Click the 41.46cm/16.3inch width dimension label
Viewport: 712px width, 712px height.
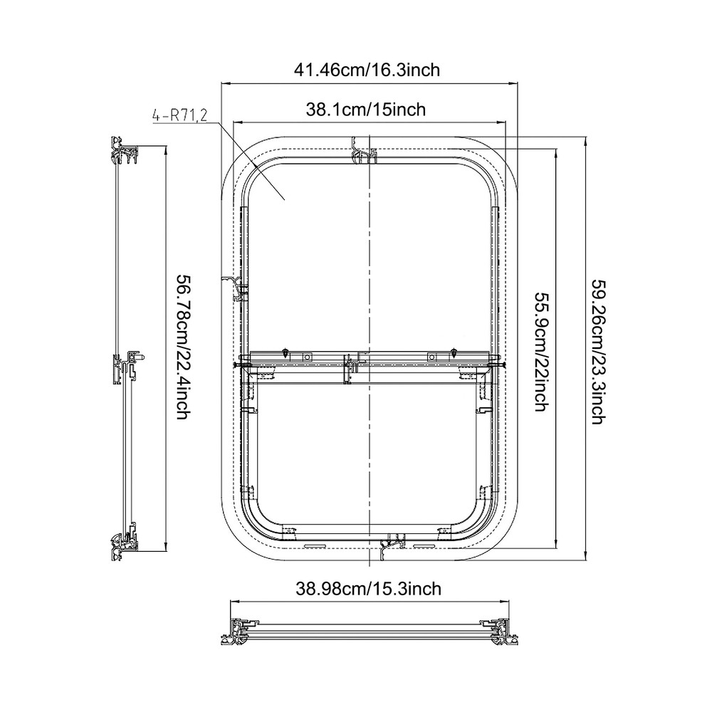(367, 70)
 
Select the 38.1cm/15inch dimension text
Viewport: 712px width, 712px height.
(366, 109)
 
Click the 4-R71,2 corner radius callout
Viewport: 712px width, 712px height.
(179, 115)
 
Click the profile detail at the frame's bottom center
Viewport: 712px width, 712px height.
(391, 545)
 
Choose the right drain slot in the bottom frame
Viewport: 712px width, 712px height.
(424, 546)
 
